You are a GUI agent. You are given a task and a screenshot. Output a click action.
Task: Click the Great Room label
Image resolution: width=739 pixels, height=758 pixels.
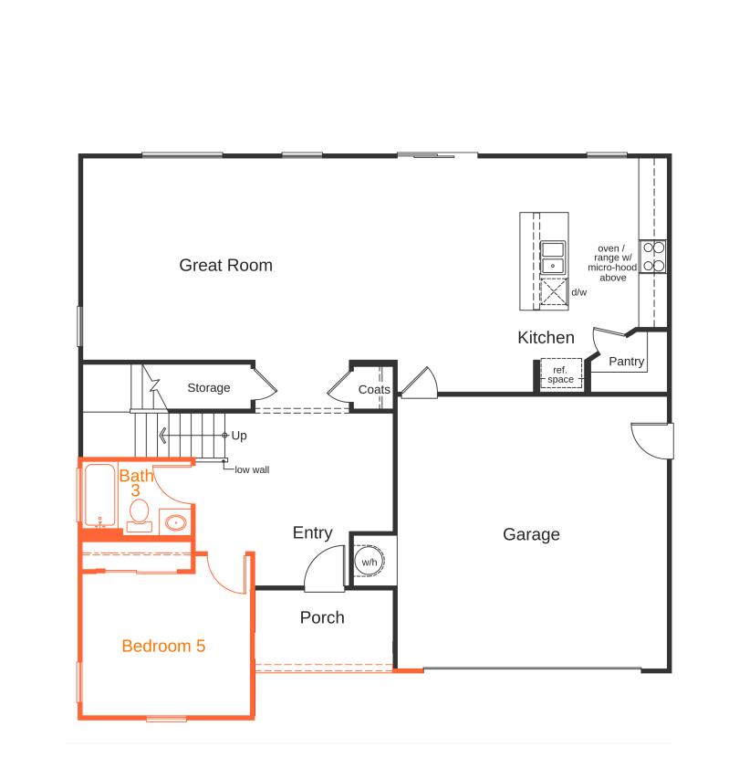tap(225, 266)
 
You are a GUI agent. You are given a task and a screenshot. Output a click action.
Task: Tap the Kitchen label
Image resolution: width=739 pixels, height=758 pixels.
tap(546, 338)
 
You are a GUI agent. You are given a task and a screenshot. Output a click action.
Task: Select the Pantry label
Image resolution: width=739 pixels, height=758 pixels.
tap(626, 362)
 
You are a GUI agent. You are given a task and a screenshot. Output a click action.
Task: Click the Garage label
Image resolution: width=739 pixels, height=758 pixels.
tap(531, 534)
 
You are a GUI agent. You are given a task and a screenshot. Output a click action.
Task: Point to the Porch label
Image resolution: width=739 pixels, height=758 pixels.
tap(322, 617)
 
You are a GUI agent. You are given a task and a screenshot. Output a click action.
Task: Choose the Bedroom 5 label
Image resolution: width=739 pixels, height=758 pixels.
tap(163, 647)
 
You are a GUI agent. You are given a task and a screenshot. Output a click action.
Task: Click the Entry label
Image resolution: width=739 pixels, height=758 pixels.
tap(312, 533)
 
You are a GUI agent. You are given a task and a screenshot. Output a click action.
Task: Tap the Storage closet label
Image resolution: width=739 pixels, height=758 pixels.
tap(209, 388)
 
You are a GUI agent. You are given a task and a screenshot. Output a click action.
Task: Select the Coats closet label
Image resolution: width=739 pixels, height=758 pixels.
tap(374, 390)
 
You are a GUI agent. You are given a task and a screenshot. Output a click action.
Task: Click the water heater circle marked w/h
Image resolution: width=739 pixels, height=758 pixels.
tap(369, 562)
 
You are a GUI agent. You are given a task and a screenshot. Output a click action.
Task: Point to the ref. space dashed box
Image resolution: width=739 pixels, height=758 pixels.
tap(560, 374)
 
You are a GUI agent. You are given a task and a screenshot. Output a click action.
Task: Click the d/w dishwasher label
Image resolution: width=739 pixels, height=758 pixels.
tap(578, 292)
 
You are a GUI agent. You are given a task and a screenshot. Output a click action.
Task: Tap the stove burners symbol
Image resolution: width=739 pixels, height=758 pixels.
tap(653, 256)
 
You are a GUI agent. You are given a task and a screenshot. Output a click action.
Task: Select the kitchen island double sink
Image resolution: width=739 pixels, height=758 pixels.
tap(553, 258)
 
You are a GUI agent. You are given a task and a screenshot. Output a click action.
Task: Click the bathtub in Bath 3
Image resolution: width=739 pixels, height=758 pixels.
tap(99, 496)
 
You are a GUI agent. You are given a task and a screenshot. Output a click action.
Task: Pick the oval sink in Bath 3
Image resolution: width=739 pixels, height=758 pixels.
tap(174, 523)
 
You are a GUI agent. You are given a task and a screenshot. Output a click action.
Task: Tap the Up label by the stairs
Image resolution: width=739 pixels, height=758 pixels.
tap(239, 436)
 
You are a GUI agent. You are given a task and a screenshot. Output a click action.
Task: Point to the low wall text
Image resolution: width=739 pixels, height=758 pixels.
tap(251, 470)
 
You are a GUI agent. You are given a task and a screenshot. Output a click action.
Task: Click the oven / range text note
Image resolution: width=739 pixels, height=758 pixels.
tap(612, 262)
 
